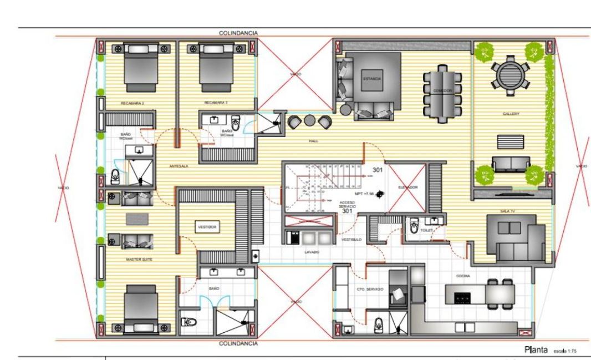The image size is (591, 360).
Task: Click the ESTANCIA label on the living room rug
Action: click(x=372, y=79)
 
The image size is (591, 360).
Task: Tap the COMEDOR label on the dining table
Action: click(x=442, y=90)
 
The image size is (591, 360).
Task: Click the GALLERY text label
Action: click(x=511, y=114)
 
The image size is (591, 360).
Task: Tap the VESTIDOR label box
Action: click(x=206, y=227)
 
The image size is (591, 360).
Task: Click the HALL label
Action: click(x=313, y=141)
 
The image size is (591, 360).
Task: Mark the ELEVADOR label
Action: click(x=407, y=187)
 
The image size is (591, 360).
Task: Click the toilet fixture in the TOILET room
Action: click(x=413, y=227)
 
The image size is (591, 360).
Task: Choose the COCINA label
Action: click(x=463, y=276)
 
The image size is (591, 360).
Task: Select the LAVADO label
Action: click(x=311, y=252)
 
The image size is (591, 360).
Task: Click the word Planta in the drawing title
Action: click(x=536, y=349)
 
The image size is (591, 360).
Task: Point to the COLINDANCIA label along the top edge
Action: click(x=238, y=33)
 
